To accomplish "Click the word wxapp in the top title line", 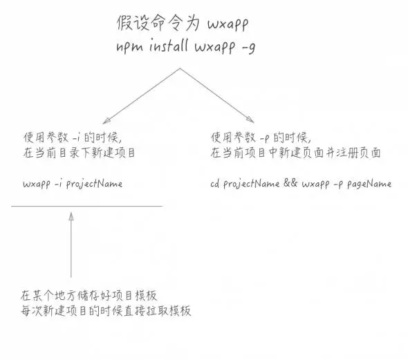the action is [x=228, y=24].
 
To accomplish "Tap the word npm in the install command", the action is [x=129, y=47].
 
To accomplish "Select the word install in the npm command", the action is [x=169, y=45].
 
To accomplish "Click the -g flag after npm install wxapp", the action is [x=248, y=48].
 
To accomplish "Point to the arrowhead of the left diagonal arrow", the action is [x=106, y=121].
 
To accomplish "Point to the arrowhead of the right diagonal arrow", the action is [x=251, y=120].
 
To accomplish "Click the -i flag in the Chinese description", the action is [x=76, y=138].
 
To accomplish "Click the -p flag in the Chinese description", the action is [x=264, y=139].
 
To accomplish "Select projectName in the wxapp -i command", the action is [x=94, y=184].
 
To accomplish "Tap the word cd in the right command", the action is [x=214, y=184].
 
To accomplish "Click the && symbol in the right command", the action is [x=290, y=183].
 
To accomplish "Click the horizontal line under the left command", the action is [x=87, y=207].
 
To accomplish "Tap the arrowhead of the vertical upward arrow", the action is [x=71, y=216].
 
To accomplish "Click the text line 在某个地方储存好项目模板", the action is [x=89, y=296].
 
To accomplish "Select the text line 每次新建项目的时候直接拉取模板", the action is [x=106, y=310].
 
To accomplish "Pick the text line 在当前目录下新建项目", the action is [x=79, y=153].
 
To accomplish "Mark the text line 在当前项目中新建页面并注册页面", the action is [x=295, y=153].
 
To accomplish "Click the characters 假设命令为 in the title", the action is [x=158, y=23].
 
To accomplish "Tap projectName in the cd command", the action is [x=251, y=184].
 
